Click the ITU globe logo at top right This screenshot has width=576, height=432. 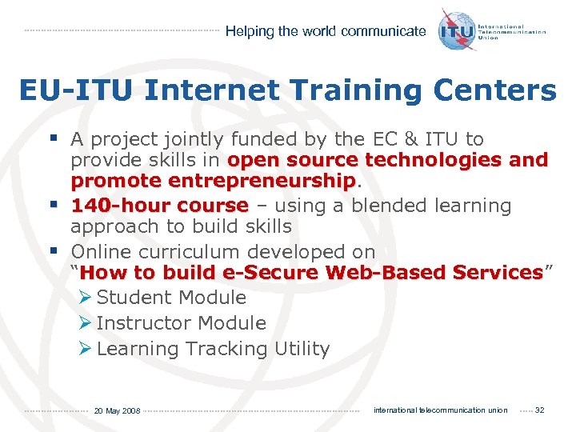pyautogui.click(x=457, y=30)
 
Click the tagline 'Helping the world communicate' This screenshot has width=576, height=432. pyautogui.click(x=326, y=32)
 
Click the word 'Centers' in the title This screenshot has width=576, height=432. pyautogui.click(x=497, y=91)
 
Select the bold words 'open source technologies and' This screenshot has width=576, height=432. pyautogui.click(x=388, y=160)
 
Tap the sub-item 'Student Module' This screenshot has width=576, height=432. pyautogui.click(x=171, y=298)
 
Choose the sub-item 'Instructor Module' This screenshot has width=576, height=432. pyautogui.click(x=181, y=323)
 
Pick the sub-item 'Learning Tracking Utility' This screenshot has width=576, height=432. pyautogui.click(x=213, y=349)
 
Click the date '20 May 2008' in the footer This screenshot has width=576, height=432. pyautogui.click(x=117, y=410)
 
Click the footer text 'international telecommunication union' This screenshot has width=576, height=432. pyautogui.click(x=440, y=410)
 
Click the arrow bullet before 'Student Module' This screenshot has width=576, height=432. pyautogui.click(x=86, y=298)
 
